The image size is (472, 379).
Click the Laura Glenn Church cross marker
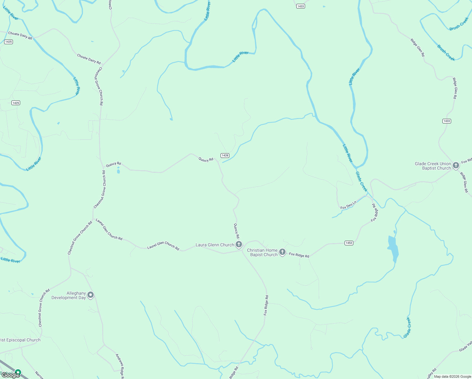coord(239,244)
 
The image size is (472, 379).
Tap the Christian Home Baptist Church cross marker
coord(282,252)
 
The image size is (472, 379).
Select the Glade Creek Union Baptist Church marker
coord(456,165)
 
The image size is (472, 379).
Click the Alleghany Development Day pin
coord(91,295)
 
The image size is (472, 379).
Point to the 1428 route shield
coord(225,155)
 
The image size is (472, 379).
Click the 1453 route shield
coord(349,243)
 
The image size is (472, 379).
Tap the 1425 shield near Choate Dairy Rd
coord(9,42)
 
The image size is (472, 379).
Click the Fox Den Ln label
coord(348,205)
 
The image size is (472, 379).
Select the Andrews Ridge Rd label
coord(120,366)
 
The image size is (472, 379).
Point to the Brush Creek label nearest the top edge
coord(459,24)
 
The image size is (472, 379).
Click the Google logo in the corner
coord(10,375)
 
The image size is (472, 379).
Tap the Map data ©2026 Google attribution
coord(452,376)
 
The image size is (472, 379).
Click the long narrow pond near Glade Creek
coord(393,249)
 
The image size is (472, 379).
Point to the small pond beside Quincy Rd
coord(118,171)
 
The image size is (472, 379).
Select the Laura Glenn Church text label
coord(215,245)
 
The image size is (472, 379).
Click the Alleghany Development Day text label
coord(69,295)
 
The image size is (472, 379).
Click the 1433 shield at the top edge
coord(301,6)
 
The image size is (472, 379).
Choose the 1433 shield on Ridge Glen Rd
coord(446,121)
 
